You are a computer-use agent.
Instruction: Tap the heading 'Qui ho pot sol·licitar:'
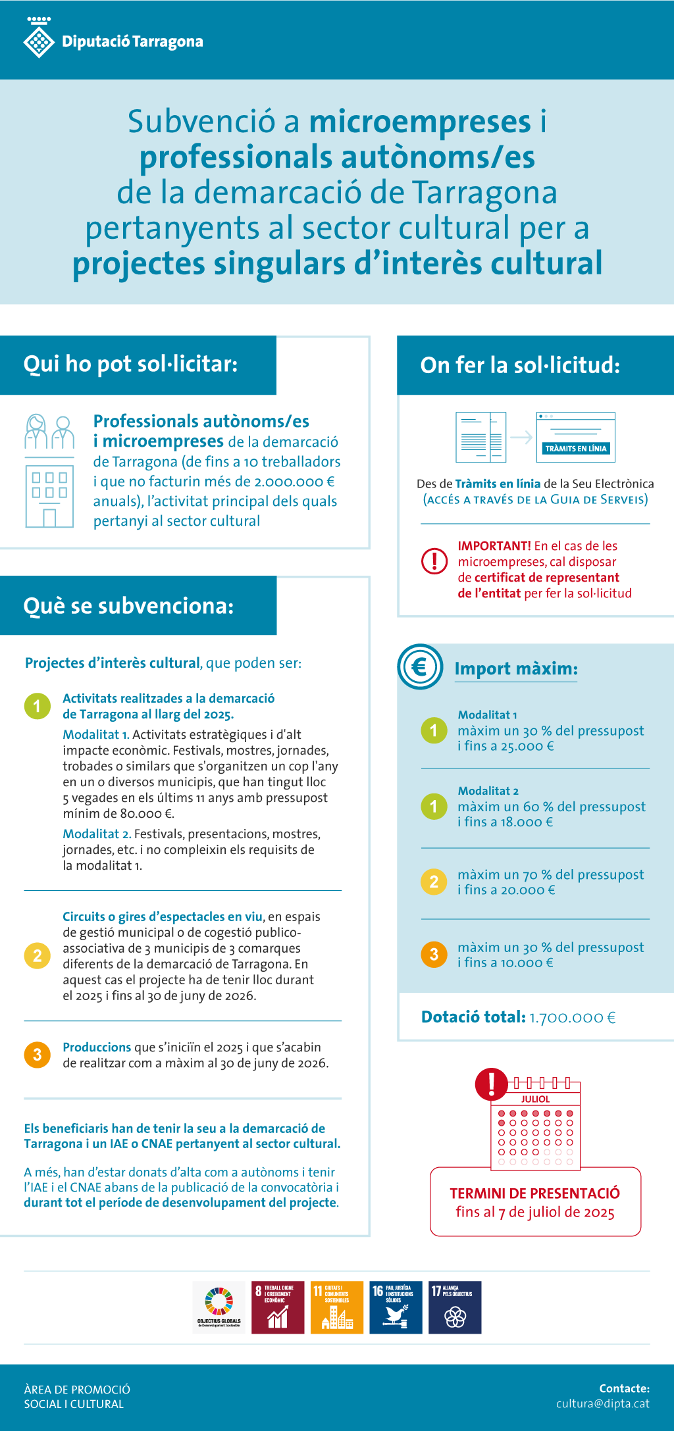tap(130, 364)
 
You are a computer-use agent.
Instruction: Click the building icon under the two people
tap(49, 495)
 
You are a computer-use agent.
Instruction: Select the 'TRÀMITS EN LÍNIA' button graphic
tap(576, 448)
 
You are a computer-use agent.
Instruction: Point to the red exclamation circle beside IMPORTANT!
tap(434, 561)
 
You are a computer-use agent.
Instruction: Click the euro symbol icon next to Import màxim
tap(420, 666)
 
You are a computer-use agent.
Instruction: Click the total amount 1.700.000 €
tap(573, 1018)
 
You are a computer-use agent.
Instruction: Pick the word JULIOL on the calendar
tap(535, 1099)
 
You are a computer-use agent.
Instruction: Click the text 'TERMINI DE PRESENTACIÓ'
tap(534, 1193)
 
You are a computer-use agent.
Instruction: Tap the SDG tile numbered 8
tap(278, 1307)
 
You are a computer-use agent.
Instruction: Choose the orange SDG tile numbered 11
tap(337, 1307)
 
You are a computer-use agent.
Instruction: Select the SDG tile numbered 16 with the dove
tap(396, 1307)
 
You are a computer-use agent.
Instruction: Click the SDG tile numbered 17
tap(455, 1307)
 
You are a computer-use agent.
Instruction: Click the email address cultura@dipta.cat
tap(602, 1403)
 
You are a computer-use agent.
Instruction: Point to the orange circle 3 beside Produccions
tap(38, 1055)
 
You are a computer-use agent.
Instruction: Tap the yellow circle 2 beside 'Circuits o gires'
tap(38, 955)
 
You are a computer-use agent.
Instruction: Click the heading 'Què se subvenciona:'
tap(128, 606)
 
